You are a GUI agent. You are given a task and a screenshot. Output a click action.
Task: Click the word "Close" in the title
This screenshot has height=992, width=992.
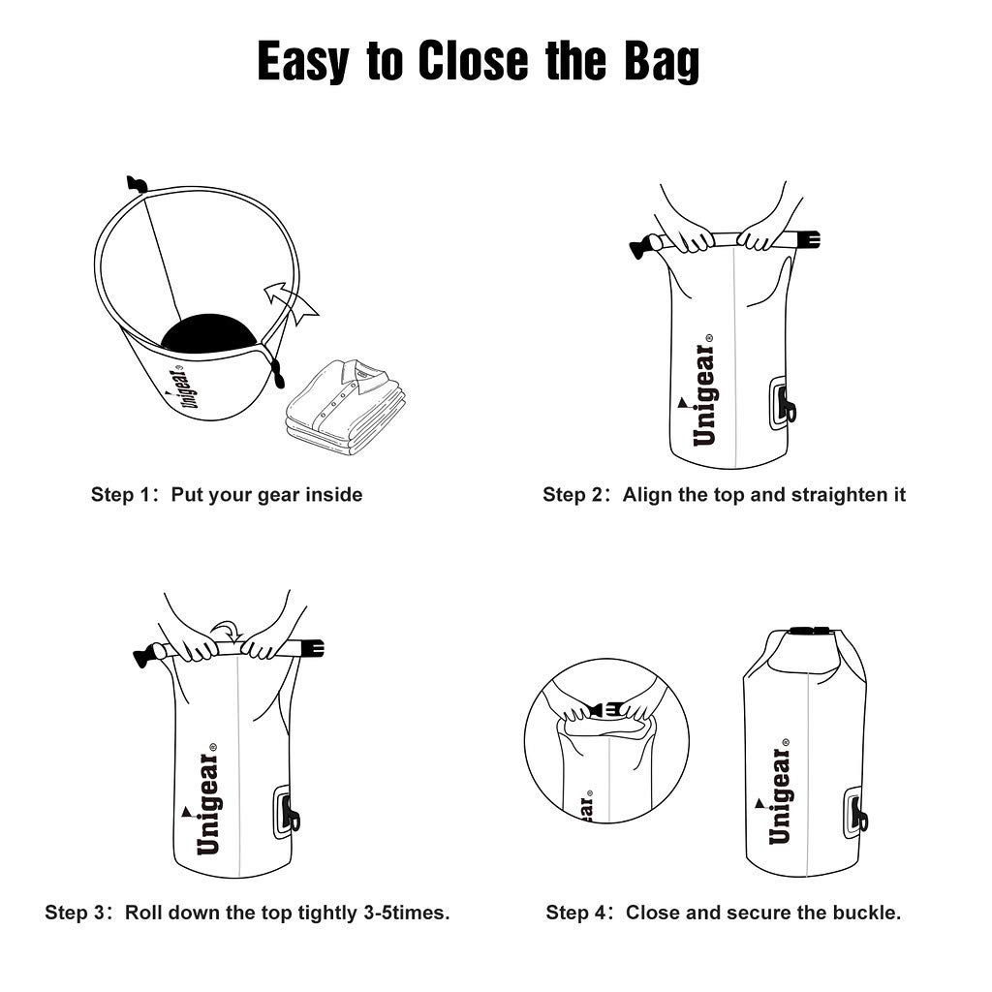click(474, 62)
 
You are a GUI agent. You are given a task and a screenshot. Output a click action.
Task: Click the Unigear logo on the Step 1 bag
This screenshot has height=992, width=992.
click(182, 387)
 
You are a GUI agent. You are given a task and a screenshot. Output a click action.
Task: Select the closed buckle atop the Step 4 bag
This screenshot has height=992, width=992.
click(810, 632)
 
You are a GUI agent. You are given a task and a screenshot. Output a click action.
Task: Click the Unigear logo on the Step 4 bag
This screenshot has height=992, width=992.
click(779, 795)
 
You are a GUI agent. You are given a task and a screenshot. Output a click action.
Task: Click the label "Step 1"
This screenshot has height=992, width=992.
click(121, 495)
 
